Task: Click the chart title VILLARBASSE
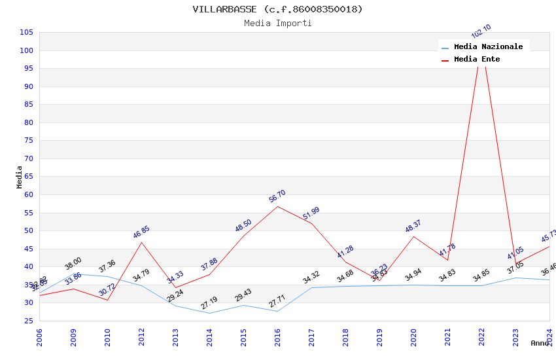tap(277, 9)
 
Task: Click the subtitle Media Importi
tap(277, 23)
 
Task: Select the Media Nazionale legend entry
tap(488, 46)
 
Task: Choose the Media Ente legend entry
tap(477, 59)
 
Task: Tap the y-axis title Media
tap(20, 177)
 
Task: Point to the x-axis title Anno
tap(540, 343)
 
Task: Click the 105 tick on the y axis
tap(27, 32)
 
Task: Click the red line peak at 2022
tap(481, 43)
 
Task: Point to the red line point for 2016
tap(277, 206)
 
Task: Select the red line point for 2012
tap(141, 242)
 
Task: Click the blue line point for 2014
tap(209, 313)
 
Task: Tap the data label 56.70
tap(277, 196)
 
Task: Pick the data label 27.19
tap(209, 303)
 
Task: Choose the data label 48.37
tap(413, 226)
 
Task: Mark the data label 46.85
tap(141, 232)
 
